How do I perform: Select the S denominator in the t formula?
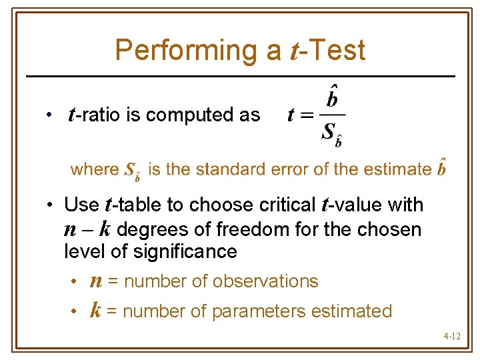(328, 132)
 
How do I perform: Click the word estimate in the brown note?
(398, 169)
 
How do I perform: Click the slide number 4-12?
(451, 336)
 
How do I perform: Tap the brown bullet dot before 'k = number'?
(76, 311)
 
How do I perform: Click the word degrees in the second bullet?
(149, 230)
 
